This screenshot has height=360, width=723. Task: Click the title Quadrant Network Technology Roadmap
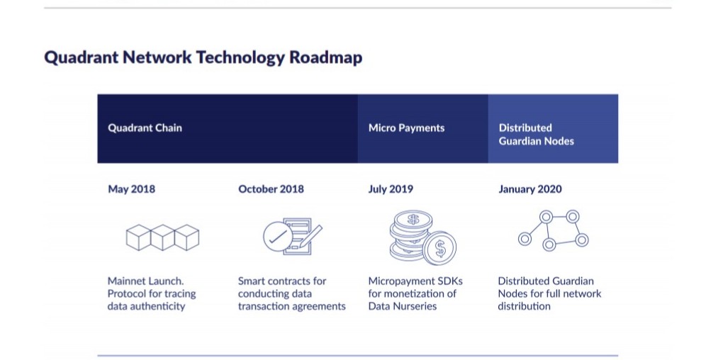click(203, 57)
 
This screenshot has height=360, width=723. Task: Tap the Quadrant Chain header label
click(145, 128)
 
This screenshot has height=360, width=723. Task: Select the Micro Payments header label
click(406, 128)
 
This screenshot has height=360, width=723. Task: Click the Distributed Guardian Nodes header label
click(537, 135)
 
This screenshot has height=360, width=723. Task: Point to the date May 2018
click(131, 189)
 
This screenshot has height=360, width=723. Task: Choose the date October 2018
click(271, 189)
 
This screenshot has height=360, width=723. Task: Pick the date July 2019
click(391, 189)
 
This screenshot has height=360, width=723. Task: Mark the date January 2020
click(530, 189)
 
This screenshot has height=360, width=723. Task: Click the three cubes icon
click(162, 237)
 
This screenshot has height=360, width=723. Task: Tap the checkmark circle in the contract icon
click(278, 237)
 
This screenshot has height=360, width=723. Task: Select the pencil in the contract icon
click(310, 237)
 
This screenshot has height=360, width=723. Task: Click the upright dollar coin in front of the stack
click(439, 249)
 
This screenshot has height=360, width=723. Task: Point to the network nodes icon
click(553, 230)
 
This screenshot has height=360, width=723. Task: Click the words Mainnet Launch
click(146, 281)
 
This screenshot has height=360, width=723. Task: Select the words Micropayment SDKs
click(415, 281)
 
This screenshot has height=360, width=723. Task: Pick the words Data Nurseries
click(402, 307)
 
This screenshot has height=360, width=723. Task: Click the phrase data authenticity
click(146, 307)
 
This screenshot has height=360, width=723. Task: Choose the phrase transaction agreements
click(292, 307)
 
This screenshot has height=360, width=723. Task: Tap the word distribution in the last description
click(524, 307)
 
